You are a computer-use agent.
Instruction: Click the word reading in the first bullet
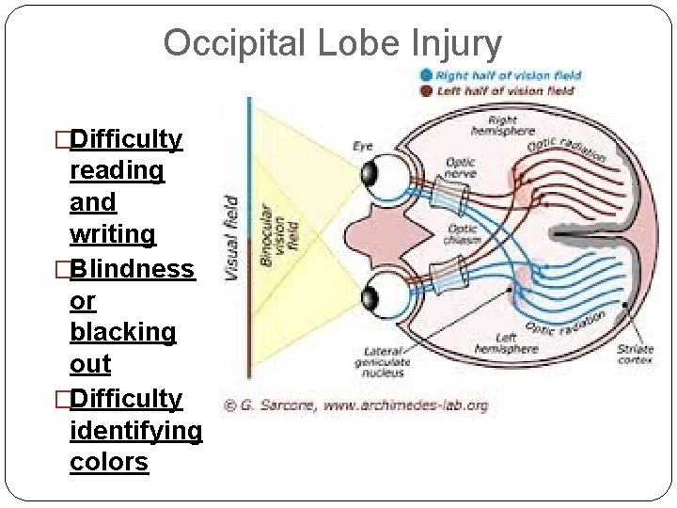coord(118,170)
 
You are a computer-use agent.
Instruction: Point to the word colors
coord(109,462)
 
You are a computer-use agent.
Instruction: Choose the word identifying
coord(135,430)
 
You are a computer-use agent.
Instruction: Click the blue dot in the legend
coord(427,75)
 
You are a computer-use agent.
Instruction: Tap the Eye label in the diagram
coord(362,146)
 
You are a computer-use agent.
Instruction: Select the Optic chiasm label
coord(464,234)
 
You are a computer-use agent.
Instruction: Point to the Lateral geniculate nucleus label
coord(381,362)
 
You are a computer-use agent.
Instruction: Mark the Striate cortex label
coord(636,354)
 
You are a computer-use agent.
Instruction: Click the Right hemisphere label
coord(503,127)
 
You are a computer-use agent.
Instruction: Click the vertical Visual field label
coord(231,235)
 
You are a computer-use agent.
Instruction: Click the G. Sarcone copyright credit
coord(355,405)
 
